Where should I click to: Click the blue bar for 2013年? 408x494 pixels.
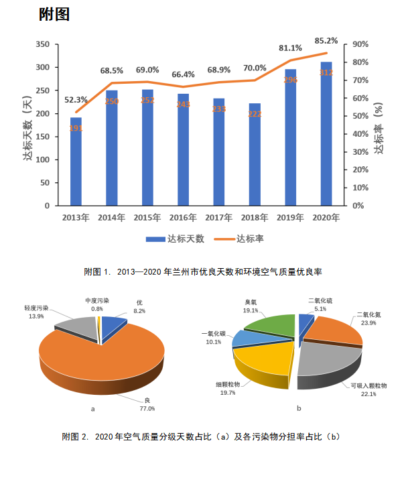pyautogui.click(x=76, y=162)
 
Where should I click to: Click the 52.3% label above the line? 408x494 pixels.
pyautogui.click(x=76, y=100)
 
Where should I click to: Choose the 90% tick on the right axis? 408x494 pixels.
pyautogui.click(x=360, y=44)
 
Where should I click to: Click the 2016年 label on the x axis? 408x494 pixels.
pyautogui.click(x=183, y=218)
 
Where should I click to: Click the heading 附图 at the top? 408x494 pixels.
pyautogui.click(x=54, y=14)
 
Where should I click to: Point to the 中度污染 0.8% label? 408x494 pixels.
pyautogui.click(x=97, y=305)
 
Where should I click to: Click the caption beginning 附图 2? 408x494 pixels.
pyautogui.click(x=201, y=437)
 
